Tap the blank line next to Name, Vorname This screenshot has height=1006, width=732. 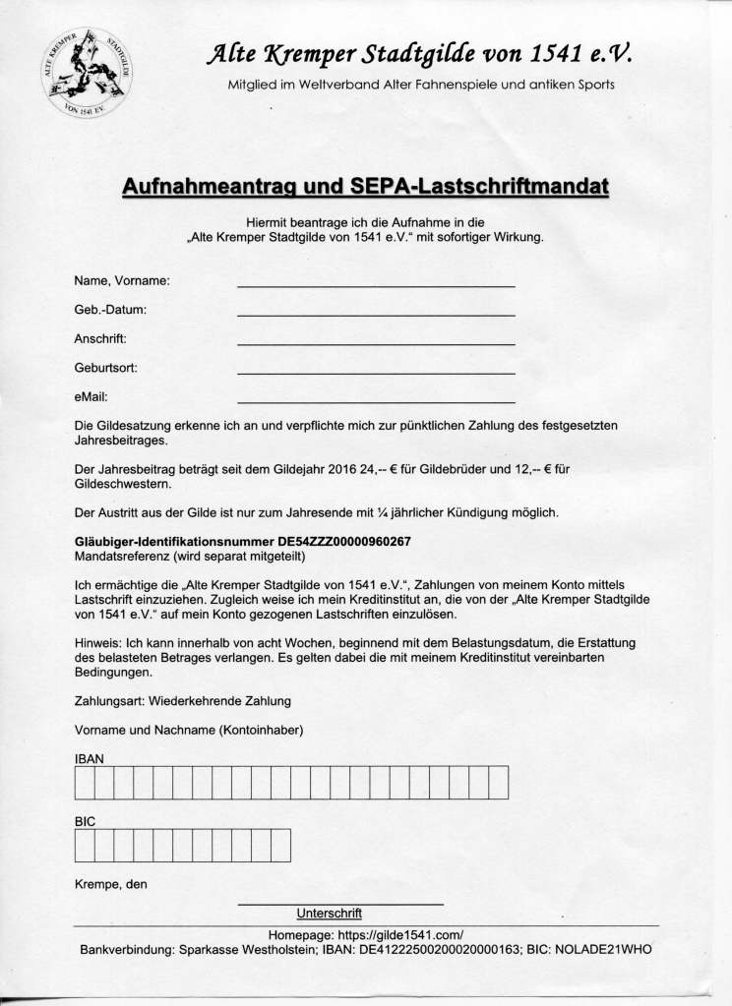point(376,284)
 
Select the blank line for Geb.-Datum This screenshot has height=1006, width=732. point(376,314)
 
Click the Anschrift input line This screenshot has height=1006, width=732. point(376,343)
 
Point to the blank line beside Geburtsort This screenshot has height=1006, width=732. point(376,373)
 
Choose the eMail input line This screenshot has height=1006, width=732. point(376,401)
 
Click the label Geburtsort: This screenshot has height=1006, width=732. point(105,368)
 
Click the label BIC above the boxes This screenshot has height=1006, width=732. point(86,819)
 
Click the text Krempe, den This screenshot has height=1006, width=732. point(110,883)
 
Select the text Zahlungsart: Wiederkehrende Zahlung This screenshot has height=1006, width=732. point(182,701)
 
